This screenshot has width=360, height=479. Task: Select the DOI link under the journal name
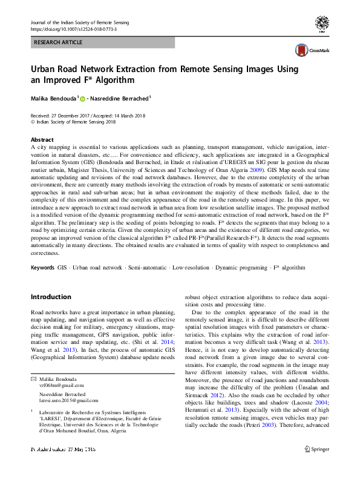pos(73,29)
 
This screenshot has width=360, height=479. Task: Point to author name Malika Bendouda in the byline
pos(53,97)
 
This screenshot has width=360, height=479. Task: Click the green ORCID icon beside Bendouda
pos(82,98)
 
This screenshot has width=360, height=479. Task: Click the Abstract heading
pos(42,139)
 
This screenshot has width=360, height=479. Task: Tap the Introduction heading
pos(51,297)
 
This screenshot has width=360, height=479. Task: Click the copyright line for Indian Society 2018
pos(73,122)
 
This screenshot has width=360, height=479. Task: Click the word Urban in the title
pos(44,69)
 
